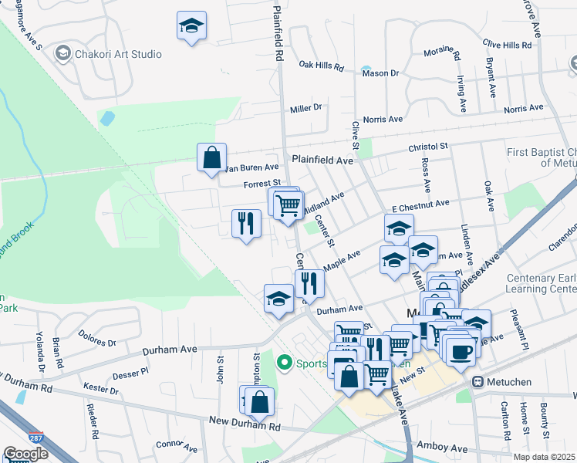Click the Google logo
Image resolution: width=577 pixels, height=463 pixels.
[x=25, y=453]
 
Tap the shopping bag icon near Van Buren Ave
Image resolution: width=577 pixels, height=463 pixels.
[x=211, y=157]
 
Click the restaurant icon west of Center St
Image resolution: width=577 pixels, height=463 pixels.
[x=246, y=223]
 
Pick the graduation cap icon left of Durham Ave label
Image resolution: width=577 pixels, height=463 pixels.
[x=278, y=299]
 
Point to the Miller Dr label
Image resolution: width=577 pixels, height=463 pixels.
[x=305, y=108]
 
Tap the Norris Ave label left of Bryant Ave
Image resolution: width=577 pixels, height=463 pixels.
[x=383, y=120]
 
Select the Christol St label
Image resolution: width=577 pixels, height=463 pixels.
[x=428, y=146]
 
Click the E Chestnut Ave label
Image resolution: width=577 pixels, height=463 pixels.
[x=420, y=204]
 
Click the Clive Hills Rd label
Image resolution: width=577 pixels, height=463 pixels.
[x=506, y=46]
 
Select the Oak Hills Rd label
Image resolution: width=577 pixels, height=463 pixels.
[x=321, y=66]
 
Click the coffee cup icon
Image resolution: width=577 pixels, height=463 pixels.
[x=461, y=351]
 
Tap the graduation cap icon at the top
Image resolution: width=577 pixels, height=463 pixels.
[x=191, y=25]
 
